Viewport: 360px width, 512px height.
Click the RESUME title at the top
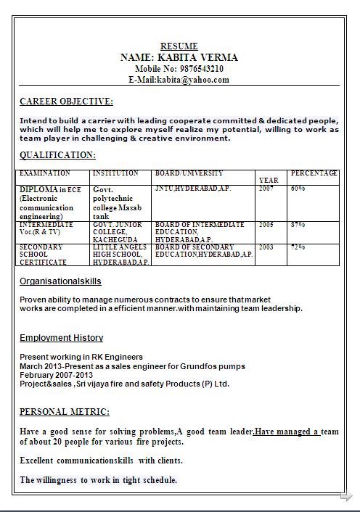pyautogui.click(x=179, y=46)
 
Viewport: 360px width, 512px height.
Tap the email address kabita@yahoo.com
pyautogui.click(x=192, y=80)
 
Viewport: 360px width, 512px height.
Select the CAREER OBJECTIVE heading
pyautogui.click(x=66, y=102)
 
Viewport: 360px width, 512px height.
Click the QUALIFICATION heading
pyautogui.click(x=57, y=155)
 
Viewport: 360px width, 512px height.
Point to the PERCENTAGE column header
pyautogui.click(x=314, y=173)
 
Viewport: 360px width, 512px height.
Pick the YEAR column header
pyautogui.click(x=268, y=180)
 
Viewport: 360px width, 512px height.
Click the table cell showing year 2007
pyautogui.click(x=266, y=189)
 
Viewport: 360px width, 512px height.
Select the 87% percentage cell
pyautogui.click(x=298, y=225)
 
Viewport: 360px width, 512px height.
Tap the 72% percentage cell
pyautogui.click(x=298, y=247)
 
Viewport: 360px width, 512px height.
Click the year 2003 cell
pyautogui.click(x=266, y=247)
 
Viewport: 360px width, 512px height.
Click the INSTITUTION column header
pyautogui.click(x=115, y=173)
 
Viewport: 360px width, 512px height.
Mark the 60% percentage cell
pyautogui.click(x=298, y=189)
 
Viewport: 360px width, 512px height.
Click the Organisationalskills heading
pyautogui.click(x=60, y=281)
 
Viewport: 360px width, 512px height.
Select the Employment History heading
pyautogui.click(x=61, y=338)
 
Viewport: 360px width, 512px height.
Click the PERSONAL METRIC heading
pyautogui.click(x=65, y=412)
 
